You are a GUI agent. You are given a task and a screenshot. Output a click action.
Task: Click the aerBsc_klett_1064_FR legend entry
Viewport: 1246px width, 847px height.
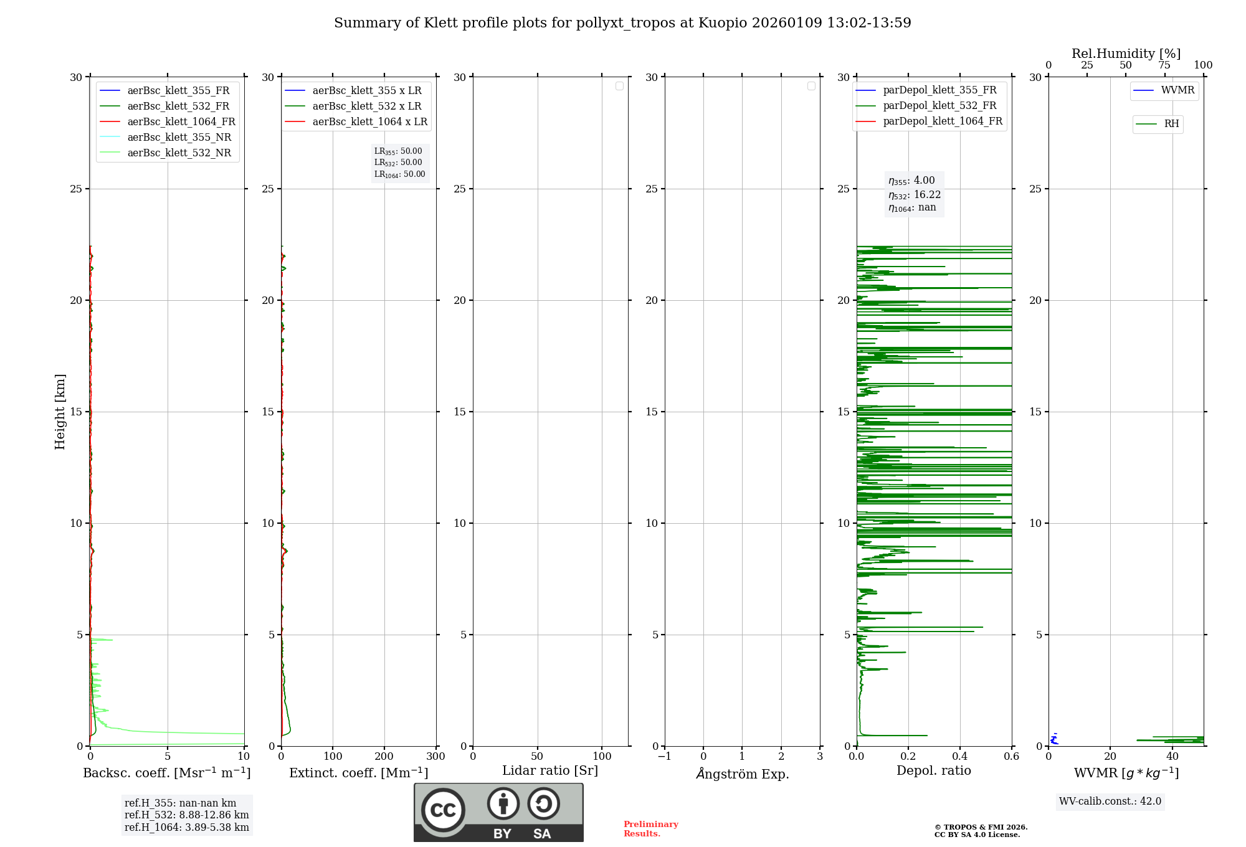click(x=181, y=121)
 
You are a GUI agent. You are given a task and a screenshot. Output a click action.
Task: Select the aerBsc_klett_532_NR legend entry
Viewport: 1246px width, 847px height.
click(x=179, y=153)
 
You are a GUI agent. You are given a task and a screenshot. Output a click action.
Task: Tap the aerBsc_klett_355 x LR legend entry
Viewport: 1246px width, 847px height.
click(x=366, y=90)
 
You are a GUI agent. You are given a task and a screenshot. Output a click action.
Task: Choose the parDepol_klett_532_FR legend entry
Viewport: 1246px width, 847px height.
click(x=939, y=105)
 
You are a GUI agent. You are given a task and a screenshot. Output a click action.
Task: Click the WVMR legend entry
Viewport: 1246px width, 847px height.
click(x=1177, y=90)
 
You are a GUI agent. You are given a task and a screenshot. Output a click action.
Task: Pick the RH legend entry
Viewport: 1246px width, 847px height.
click(x=1171, y=124)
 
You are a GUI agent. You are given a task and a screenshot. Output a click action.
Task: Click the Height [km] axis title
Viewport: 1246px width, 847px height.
click(x=60, y=411)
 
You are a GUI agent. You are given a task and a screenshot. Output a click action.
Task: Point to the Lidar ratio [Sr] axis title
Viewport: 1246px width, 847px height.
click(x=550, y=770)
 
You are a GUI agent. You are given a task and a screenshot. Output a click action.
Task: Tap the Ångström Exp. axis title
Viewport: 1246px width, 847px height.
click(x=743, y=774)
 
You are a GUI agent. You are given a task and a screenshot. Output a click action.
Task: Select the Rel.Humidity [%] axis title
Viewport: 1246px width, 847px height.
click(x=1126, y=54)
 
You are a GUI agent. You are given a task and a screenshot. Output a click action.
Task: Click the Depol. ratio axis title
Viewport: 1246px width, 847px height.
click(x=933, y=770)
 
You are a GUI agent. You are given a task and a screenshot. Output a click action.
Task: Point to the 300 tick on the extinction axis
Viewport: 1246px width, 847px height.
click(x=435, y=756)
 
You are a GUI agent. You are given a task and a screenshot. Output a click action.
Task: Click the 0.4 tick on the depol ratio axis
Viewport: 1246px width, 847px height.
click(x=960, y=756)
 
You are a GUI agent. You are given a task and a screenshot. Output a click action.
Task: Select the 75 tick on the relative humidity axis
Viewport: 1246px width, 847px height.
click(x=1164, y=65)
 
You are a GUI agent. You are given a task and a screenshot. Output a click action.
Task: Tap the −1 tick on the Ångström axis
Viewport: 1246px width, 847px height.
click(x=664, y=756)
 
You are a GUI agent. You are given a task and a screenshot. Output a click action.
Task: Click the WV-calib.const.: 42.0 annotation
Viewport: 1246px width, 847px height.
click(x=1110, y=801)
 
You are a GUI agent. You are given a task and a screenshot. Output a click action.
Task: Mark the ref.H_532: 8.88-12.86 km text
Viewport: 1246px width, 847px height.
click(x=186, y=815)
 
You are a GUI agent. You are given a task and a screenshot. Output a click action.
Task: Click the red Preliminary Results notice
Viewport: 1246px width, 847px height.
click(x=650, y=828)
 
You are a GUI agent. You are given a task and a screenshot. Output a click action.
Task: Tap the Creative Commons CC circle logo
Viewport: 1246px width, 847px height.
click(x=443, y=810)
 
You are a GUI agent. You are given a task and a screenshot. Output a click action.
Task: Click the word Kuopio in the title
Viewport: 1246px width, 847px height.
click(x=723, y=23)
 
